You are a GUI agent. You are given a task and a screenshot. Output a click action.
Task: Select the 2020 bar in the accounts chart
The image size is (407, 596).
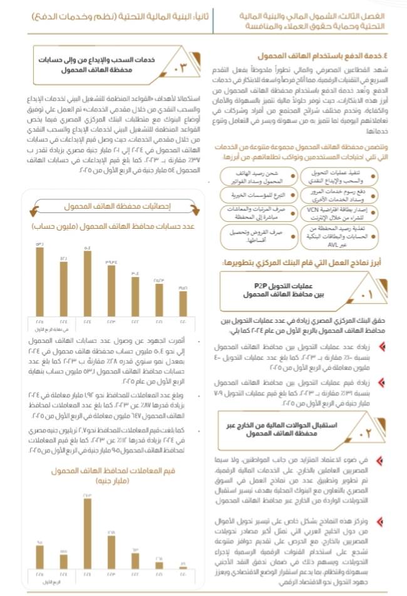pyautogui.click(x=183, y=304)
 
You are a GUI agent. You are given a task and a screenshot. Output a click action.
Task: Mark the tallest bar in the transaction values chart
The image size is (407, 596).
pyautogui.click(x=87, y=533)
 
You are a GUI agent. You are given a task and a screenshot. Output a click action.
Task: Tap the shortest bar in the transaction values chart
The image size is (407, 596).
pyautogui.click(x=183, y=569)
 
